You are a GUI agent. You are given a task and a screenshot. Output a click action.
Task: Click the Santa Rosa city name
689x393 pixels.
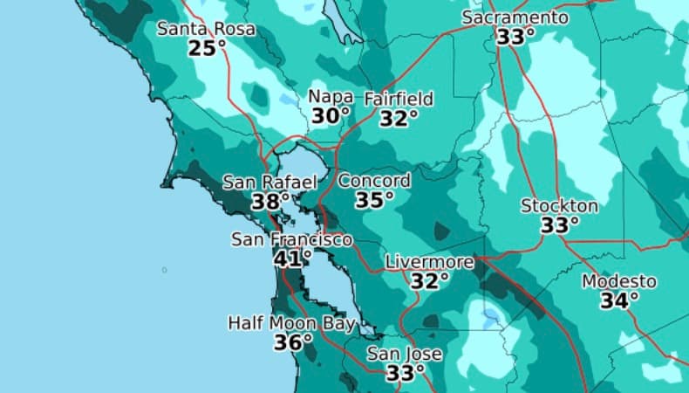[207, 29]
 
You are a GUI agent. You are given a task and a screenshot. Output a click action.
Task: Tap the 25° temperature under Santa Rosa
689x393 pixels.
[207, 48]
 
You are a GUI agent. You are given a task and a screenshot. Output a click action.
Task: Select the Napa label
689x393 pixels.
[330, 97]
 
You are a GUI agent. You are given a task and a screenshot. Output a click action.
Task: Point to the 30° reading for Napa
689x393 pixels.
[331, 116]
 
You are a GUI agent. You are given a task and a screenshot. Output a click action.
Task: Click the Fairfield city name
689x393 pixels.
[398, 99]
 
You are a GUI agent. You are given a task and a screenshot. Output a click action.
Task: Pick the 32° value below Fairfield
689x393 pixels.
[398, 118]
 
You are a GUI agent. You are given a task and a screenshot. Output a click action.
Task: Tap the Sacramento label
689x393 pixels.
[515, 17]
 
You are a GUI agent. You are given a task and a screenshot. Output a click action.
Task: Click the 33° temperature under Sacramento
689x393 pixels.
[515, 37]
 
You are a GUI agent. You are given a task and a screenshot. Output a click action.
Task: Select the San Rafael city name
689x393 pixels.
[269, 183]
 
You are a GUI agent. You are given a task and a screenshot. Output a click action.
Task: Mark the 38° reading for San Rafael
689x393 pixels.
[269, 202]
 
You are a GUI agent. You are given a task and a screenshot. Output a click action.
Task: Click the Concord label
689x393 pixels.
[374, 181]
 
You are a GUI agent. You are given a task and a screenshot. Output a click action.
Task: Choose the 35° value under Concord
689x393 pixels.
[374, 200]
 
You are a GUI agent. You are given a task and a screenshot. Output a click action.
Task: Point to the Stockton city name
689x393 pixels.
[559, 206]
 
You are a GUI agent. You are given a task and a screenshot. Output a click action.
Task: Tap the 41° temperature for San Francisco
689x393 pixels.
[292, 259]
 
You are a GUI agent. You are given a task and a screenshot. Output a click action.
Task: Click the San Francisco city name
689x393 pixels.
[291, 239]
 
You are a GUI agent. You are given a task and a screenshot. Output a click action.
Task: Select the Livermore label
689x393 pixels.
[429, 262]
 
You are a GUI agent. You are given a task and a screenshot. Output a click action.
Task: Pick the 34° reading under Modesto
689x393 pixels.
[619, 301]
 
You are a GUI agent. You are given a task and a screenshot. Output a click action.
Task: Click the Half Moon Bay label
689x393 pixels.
[292, 323]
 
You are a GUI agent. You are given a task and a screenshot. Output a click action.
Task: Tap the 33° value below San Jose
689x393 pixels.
[405, 374]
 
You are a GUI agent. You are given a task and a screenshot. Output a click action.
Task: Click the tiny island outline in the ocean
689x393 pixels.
[164, 270]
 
